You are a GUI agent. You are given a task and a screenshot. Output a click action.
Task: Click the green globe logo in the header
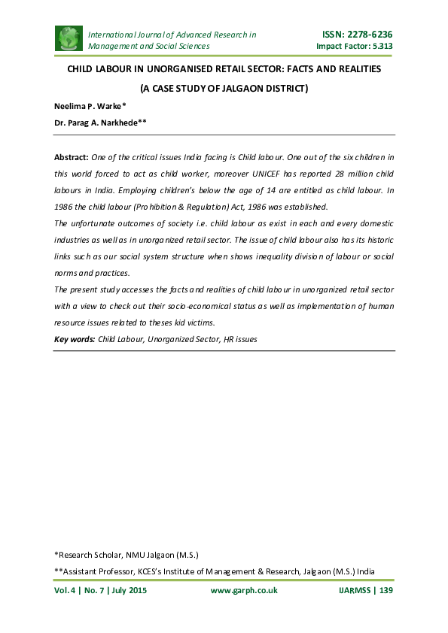69,40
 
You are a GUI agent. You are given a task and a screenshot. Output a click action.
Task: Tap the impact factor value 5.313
377,47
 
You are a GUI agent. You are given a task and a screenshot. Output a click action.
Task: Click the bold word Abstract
71,158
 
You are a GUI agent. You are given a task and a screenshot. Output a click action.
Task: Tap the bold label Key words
75,339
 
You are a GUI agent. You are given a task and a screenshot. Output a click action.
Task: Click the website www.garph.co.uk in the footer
244,591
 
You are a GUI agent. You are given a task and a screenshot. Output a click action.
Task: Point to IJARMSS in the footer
350,591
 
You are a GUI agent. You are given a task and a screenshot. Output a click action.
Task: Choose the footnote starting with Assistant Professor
215,571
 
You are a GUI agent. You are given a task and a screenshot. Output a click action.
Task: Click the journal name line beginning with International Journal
172,35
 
